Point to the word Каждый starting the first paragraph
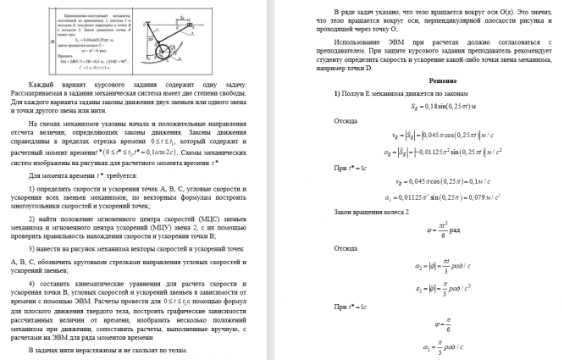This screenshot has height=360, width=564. pos(40,86)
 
